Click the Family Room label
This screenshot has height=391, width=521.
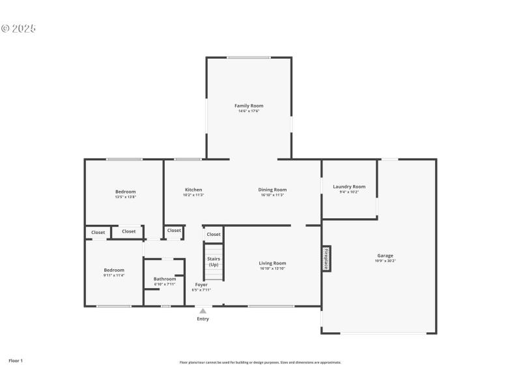pyautogui.click(x=249, y=106)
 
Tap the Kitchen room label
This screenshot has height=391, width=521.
pyautogui.click(x=193, y=190)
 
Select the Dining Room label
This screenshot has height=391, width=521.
pyautogui.click(x=274, y=190)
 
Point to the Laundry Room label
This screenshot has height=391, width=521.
pyautogui.click(x=349, y=186)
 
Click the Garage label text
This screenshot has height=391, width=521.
pyautogui.click(x=385, y=255)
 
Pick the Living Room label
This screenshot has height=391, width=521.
pyautogui.click(x=272, y=263)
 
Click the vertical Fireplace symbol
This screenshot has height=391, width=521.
pyautogui.click(x=326, y=258)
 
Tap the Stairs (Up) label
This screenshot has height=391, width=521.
pyautogui.click(x=214, y=261)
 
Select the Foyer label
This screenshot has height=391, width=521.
pyautogui.click(x=201, y=285)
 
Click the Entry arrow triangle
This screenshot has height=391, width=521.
pyautogui.click(x=203, y=311)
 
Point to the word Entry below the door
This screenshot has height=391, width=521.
pyautogui.click(x=203, y=319)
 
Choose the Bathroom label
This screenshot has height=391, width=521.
pyautogui.click(x=165, y=279)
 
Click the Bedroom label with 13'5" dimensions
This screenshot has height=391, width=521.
pyautogui.click(x=125, y=192)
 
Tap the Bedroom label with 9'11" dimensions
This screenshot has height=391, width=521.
pyautogui.click(x=114, y=270)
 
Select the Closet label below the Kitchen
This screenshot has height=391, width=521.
pyautogui.click(x=174, y=230)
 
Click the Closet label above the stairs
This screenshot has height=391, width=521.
pyautogui.click(x=214, y=234)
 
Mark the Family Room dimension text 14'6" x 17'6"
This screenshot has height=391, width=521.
pyautogui.click(x=249, y=111)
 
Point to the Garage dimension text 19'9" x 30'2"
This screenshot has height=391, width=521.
pyautogui.click(x=385, y=261)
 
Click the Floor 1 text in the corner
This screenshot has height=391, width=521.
pyautogui.click(x=16, y=360)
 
